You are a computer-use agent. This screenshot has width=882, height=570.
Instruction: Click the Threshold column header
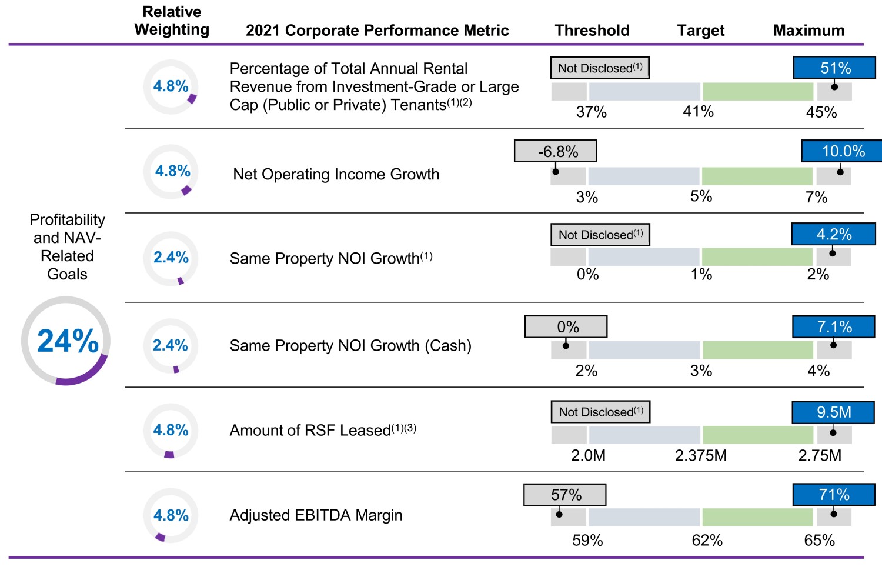[x=592, y=31]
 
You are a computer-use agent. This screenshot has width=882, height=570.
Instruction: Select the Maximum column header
[x=808, y=31]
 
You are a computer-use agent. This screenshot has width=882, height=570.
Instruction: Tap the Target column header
[x=701, y=31]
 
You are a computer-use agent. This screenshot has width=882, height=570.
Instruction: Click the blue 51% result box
[x=835, y=68]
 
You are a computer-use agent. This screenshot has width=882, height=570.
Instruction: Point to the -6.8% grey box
[x=556, y=151]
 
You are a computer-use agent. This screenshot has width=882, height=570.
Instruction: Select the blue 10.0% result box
[x=843, y=151]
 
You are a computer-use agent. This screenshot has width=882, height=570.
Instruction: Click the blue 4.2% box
[x=833, y=234]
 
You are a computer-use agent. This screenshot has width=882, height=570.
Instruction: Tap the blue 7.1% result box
[x=834, y=326]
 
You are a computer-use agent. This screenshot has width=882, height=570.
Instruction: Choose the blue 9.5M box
[x=833, y=412]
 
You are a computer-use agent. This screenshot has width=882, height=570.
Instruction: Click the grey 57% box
[x=565, y=495]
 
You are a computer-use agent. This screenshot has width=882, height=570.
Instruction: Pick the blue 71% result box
[x=834, y=495]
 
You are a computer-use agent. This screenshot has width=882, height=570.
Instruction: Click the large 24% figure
[x=68, y=341]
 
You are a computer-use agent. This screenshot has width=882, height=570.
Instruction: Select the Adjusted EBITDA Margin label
[x=316, y=515]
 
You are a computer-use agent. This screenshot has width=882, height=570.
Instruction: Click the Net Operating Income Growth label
[x=336, y=174]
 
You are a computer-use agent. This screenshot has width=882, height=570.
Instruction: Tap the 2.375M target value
[x=701, y=455]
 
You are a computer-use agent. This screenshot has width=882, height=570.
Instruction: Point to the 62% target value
[x=707, y=540]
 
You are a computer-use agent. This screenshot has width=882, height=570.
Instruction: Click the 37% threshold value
[x=591, y=112]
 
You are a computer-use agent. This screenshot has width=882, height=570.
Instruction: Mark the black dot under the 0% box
[x=566, y=345]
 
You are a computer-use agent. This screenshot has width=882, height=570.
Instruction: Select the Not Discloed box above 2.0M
[x=600, y=412]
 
